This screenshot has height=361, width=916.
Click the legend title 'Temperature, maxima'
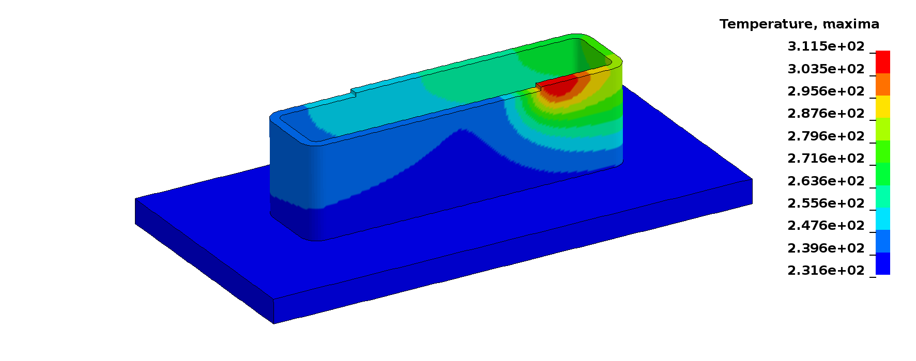[x=799, y=24]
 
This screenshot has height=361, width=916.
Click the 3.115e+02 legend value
[x=826, y=46]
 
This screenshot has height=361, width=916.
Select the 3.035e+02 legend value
[x=826, y=69]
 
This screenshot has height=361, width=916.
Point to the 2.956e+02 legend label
[x=826, y=91]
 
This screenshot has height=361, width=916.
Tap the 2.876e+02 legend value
[x=826, y=114]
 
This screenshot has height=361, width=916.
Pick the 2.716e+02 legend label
[x=826, y=159]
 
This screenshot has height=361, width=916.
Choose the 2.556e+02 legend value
[x=826, y=203]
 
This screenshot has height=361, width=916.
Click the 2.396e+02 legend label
[x=826, y=248]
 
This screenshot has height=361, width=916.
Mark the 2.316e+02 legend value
[x=826, y=271]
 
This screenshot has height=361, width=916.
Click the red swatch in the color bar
[x=882, y=62]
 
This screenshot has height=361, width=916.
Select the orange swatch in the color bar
[x=882, y=85]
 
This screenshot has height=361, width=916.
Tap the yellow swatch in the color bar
[x=882, y=107]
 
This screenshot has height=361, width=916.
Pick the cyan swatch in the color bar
[x=882, y=219]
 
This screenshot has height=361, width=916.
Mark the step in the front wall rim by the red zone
[x=538, y=86]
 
